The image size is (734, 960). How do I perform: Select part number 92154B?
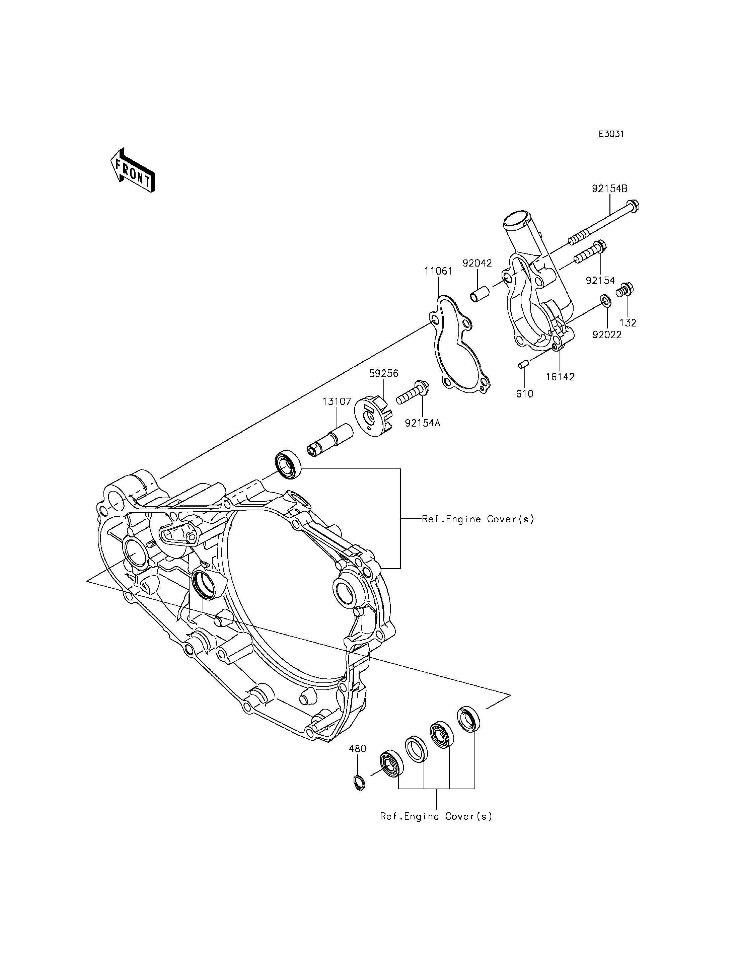(609, 189)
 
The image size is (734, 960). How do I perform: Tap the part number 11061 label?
(438, 271)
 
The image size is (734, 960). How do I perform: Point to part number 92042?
(477, 263)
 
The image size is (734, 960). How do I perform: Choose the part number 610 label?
(524, 394)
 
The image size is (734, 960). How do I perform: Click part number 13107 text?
(337, 401)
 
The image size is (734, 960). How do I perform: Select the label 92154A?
(423, 423)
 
